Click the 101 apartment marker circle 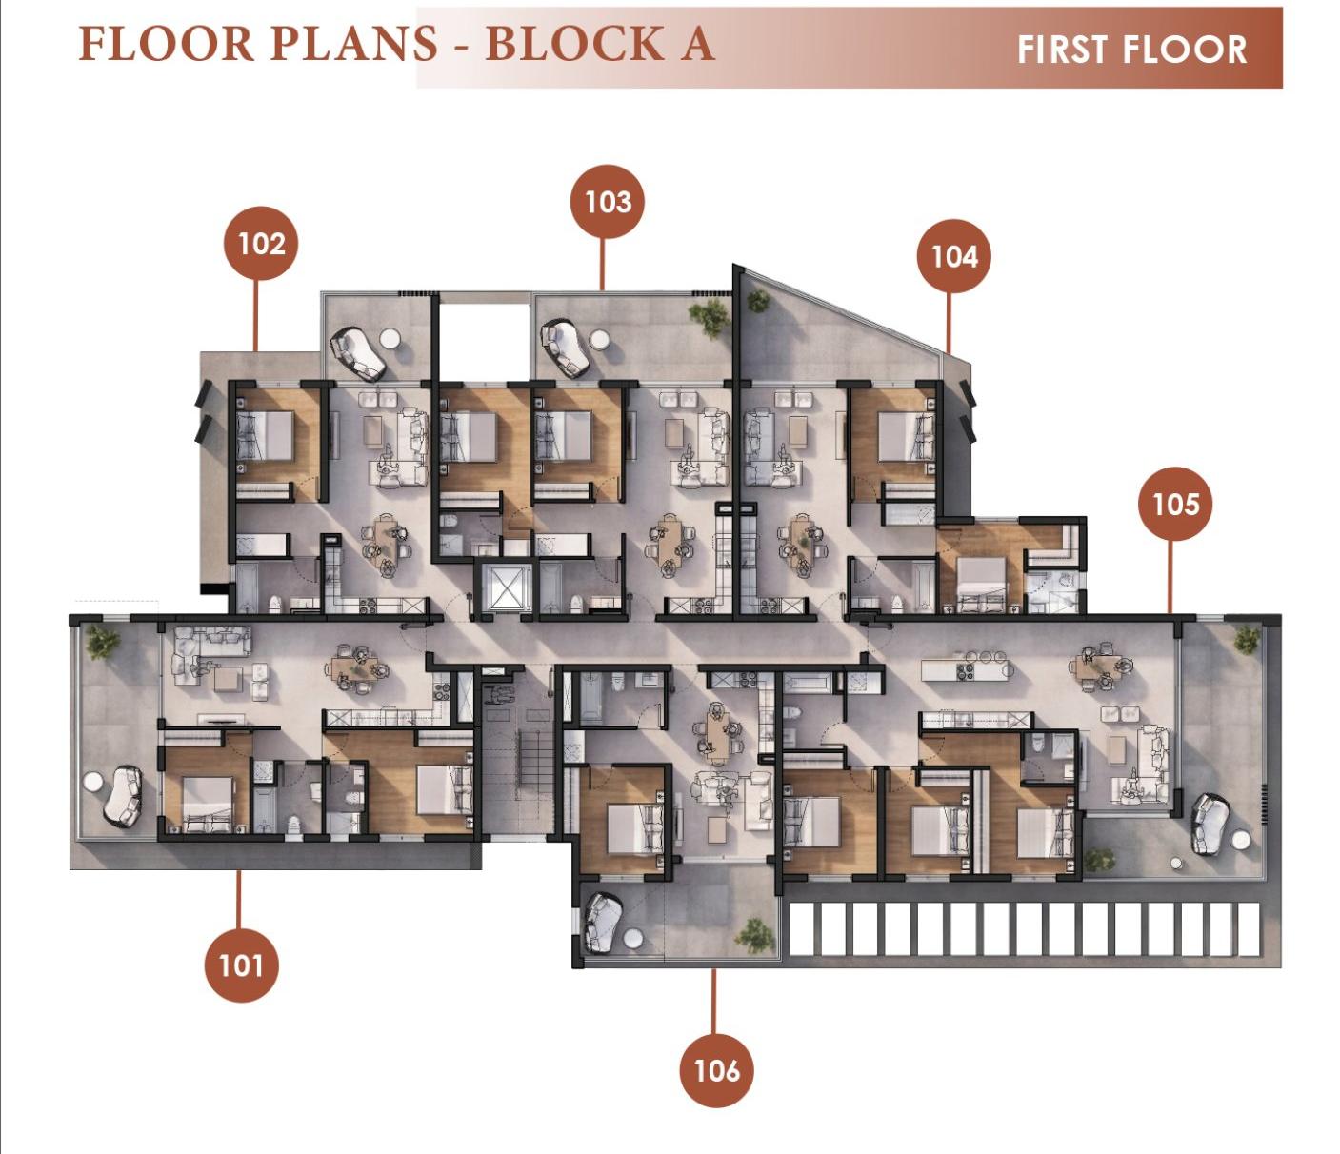pos(241,965)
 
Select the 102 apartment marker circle pos(261,243)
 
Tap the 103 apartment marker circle pos(608,201)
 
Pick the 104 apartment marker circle pos(953,256)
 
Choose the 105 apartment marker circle pos(1175,504)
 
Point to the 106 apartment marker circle pos(716,1069)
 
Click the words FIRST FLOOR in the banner pos(1131,50)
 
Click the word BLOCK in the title pos(575,44)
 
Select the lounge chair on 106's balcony pos(603,923)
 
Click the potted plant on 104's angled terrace pos(757,300)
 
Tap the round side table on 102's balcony pos(390,338)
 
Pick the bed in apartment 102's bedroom pos(265,436)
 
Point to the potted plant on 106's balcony pos(755,936)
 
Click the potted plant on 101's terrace pos(103,642)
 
